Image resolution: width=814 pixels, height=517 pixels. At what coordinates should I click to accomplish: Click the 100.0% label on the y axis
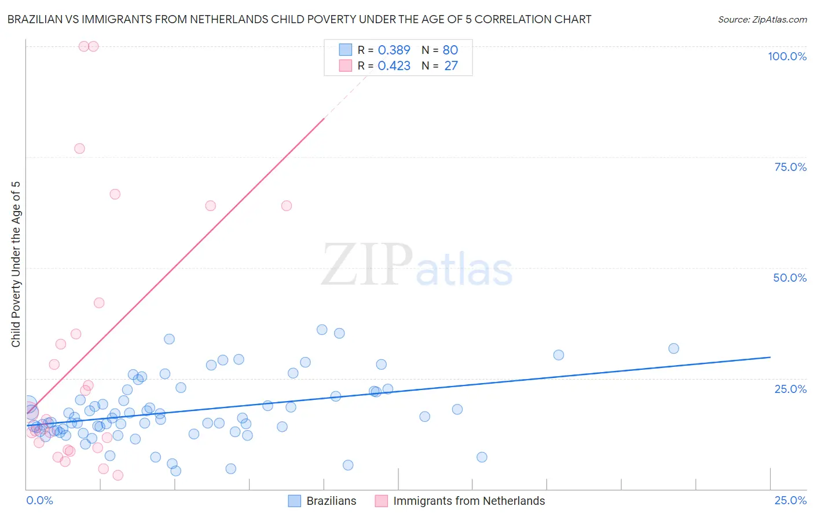tap(787, 56)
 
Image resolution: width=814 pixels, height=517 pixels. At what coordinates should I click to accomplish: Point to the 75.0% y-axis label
tap(790, 167)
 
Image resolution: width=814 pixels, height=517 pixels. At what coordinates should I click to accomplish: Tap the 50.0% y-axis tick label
tap(790, 278)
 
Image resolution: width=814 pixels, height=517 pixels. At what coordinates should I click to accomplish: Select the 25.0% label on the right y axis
tap(790, 389)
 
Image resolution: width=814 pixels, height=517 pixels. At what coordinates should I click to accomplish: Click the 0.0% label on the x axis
tap(39, 500)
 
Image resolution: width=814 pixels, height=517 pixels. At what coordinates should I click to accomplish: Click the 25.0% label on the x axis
tap(790, 500)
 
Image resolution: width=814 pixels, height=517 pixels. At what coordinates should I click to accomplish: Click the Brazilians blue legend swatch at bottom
tap(295, 501)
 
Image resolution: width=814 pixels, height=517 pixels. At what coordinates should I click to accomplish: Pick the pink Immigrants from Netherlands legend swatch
tap(381, 501)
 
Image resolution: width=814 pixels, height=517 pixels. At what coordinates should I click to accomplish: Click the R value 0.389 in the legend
tap(394, 50)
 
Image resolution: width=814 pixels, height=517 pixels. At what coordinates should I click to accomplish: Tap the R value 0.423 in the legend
tap(394, 66)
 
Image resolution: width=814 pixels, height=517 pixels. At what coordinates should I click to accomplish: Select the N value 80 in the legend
tap(450, 50)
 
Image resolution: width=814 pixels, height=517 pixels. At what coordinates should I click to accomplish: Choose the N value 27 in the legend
tap(451, 66)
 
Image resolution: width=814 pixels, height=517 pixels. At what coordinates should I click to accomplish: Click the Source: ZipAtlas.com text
tap(762, 19)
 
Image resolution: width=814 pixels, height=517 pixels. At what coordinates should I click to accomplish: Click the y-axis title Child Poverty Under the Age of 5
tap(16, 264)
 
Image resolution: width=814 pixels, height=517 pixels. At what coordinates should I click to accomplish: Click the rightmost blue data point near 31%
tap(673, 348)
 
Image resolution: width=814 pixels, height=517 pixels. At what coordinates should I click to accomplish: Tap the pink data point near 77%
tap(79, 148)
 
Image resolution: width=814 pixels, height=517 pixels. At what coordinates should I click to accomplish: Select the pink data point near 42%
tap(99, 303)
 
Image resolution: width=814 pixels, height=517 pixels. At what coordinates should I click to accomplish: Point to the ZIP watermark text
tap(367, 265)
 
